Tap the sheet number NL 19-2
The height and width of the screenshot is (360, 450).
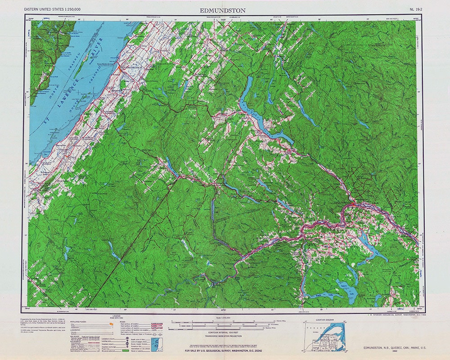tap(416, 9)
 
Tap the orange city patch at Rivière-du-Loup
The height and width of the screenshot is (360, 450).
tap(121, 70)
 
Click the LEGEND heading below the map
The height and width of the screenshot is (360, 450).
tap(110, 317)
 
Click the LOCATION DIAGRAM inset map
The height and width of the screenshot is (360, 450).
tap(323, 335)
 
